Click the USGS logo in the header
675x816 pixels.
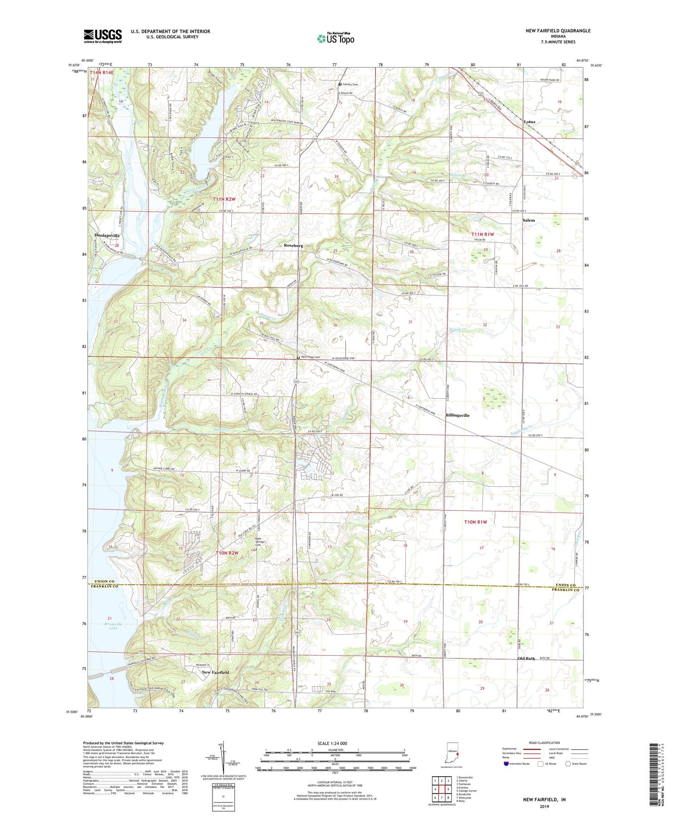103,36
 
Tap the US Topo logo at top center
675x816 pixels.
335,38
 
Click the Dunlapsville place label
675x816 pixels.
107,236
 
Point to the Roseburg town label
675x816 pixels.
293,245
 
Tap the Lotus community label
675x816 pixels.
529,122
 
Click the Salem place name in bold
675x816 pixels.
528,220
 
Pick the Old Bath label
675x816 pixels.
526,659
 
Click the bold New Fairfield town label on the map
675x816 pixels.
215,672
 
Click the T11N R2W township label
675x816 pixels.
224,199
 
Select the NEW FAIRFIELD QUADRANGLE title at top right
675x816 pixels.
557,31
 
